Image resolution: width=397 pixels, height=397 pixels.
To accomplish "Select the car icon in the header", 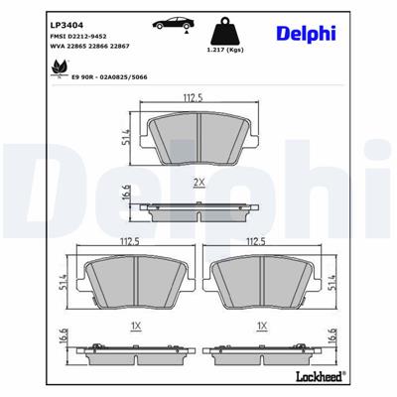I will (x=170, y=22).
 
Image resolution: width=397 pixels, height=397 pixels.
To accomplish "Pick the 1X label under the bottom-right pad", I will (x=260, y=325).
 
